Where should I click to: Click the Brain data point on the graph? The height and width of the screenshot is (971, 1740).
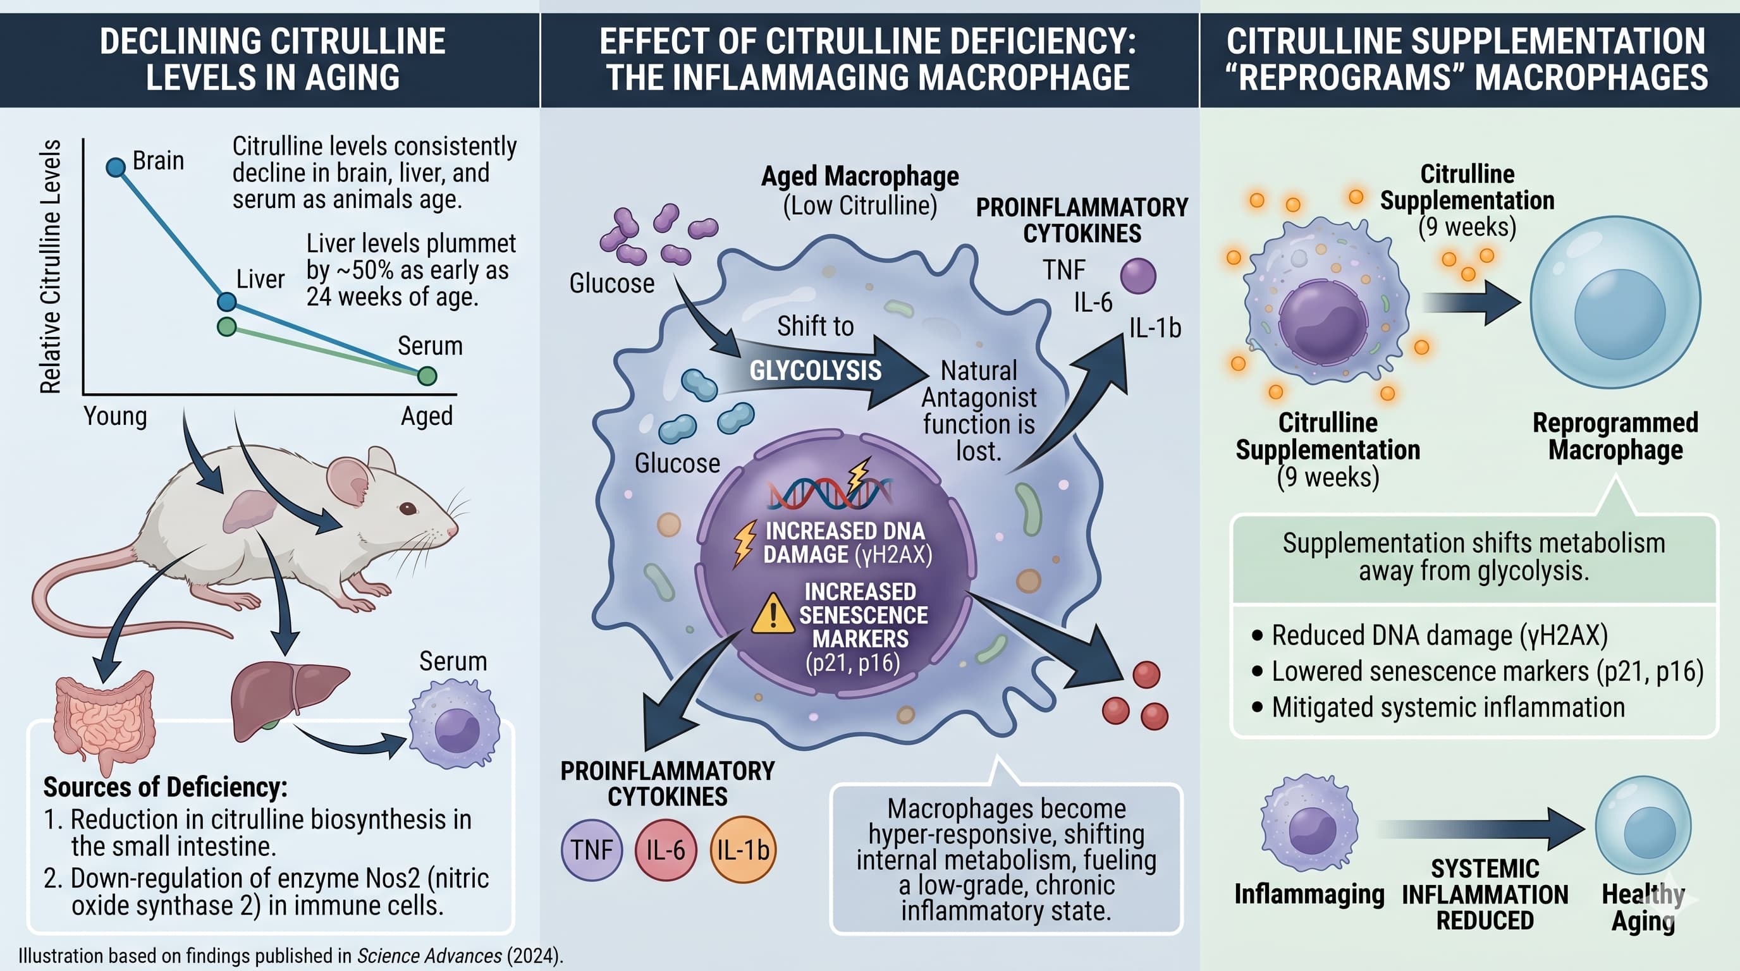tap(116, 167)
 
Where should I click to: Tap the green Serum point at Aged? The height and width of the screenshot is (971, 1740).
tap(427, 376)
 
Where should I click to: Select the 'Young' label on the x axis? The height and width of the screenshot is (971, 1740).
tap(115, 416)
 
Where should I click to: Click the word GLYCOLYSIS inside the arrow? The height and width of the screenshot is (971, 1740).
tap(815, 370)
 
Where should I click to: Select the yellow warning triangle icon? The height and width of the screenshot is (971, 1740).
tap(772, 614)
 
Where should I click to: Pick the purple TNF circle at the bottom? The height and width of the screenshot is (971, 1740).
tap(592, 850)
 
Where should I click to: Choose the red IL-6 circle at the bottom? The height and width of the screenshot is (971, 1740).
tap(665, 850)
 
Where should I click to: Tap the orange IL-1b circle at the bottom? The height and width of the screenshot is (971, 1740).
tap(743, 850)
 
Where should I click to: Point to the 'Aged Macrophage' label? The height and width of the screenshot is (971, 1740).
tap(860, 176)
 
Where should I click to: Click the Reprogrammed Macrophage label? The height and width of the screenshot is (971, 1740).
tap(1615, 436)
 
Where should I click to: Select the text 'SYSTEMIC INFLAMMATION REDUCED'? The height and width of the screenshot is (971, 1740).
tap(1485, 894)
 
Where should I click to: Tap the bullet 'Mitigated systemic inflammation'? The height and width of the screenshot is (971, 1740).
tap(1448, 707)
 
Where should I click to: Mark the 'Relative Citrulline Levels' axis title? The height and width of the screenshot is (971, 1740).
tap(51, 266)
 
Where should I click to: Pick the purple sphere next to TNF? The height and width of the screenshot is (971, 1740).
tap(1138, 276)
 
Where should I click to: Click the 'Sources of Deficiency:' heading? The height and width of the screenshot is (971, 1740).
tap(166, 787)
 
